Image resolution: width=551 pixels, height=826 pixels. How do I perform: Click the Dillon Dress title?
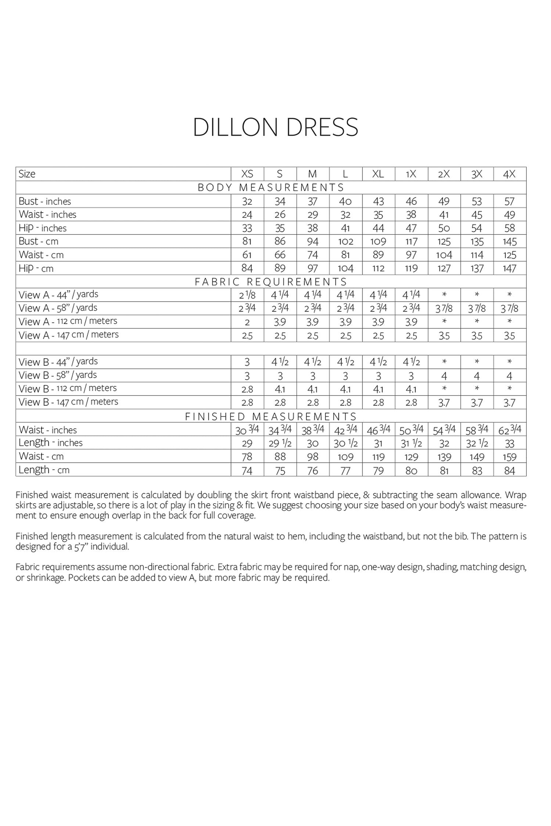(275, 127)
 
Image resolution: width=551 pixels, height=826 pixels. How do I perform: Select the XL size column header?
(378, 174)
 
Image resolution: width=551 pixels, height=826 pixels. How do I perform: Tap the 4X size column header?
(509, 174)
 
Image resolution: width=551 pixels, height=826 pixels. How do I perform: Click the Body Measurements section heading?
(271, 188)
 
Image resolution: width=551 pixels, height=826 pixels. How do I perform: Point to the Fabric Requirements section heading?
(271, 282)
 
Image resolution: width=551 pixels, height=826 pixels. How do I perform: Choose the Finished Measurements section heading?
(271, 416)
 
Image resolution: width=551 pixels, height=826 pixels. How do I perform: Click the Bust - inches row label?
(45, 201)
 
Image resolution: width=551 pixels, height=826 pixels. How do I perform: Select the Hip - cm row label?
(36, 268)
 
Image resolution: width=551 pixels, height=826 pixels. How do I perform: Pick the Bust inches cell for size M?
(313, 201)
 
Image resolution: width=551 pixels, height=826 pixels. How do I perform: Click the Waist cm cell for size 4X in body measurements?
(509, 255)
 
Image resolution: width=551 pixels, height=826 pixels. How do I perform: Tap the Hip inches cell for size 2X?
(444, 228)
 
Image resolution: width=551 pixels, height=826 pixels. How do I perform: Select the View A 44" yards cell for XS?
(247, 295)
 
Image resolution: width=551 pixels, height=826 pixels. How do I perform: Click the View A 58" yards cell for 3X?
(477, 308)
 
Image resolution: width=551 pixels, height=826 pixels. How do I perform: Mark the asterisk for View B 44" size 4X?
(509, 362)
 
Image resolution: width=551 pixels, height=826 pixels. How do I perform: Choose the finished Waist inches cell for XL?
(378, 430)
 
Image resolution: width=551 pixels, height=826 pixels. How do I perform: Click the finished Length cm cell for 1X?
(411, 470)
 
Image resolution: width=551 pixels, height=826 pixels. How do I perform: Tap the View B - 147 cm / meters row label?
(68, 402)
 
